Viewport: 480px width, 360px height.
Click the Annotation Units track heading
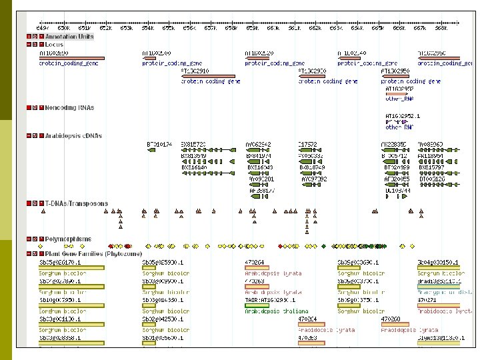69,37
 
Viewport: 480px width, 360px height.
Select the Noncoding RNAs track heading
69,107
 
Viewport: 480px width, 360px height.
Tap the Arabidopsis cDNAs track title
74,136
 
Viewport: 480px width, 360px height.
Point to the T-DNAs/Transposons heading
76,203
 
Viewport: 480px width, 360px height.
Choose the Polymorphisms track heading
68,239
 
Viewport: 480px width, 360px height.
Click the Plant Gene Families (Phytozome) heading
87,253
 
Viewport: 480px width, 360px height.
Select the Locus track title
55,44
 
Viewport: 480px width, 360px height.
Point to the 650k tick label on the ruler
63,27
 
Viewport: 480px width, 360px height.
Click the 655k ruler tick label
168,27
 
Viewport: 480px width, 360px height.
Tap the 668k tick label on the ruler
440,27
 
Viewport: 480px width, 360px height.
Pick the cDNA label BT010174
159,143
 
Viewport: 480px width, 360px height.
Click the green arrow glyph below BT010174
151,149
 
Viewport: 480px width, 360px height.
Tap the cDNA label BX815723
194,143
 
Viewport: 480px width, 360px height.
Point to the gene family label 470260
391,319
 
